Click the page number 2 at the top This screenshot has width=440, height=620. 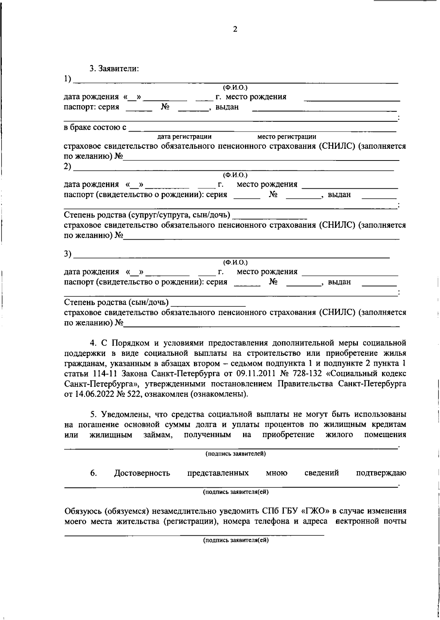235,29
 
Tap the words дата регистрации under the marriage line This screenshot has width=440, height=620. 184,137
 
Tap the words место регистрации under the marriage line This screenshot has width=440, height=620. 287,137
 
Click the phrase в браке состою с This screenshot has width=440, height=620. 95,128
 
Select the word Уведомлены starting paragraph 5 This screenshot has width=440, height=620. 126,414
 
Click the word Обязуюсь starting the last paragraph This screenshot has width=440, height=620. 83,511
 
